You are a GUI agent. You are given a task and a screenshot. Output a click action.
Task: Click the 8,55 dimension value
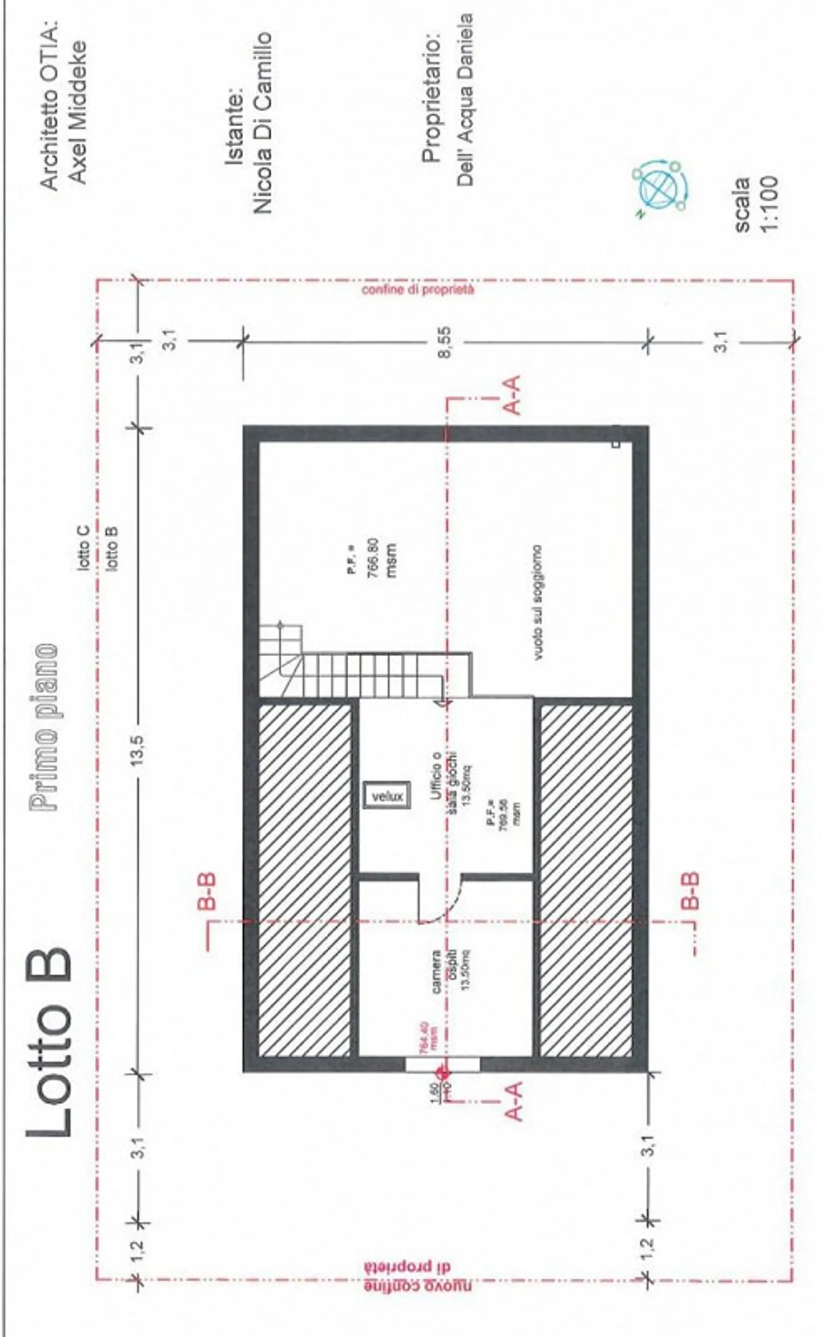tap(445, 342)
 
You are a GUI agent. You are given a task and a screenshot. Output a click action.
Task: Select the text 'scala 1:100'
tap(755, 204)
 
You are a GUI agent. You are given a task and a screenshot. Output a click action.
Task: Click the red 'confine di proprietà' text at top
tap(418, 290)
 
